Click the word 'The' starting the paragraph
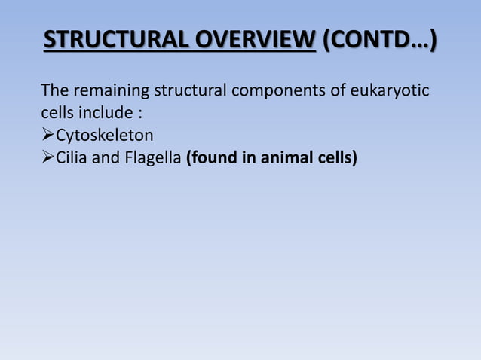54,92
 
